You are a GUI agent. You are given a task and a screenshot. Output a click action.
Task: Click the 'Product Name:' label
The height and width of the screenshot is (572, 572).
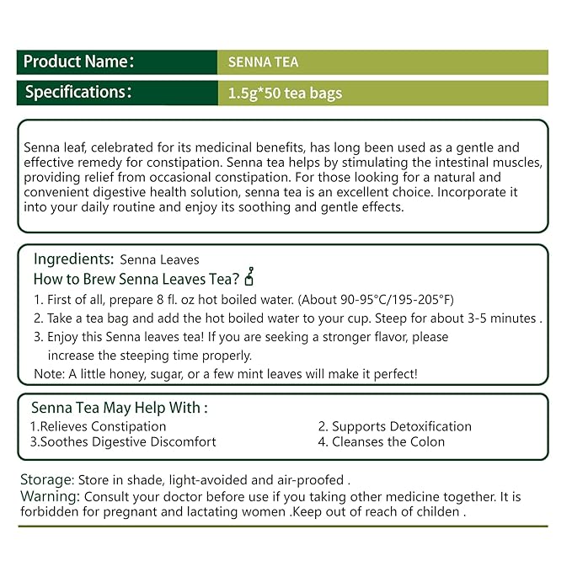[78, 61]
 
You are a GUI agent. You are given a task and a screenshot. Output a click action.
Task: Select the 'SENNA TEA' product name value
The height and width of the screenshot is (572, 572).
[264, 62]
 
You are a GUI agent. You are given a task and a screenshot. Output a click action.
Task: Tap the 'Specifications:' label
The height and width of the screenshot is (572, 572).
[78, 92]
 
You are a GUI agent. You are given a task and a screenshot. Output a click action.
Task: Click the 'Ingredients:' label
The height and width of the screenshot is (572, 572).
[73, 259]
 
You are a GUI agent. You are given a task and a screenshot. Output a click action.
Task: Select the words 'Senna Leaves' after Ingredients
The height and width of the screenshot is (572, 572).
[160, 259]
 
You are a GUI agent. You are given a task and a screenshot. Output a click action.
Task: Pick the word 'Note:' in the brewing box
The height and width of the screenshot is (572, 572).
[48, 373]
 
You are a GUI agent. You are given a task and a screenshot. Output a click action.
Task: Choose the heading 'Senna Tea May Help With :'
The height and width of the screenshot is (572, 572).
[119, 408]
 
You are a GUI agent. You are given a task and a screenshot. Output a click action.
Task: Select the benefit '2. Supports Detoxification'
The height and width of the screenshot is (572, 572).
[394, 426]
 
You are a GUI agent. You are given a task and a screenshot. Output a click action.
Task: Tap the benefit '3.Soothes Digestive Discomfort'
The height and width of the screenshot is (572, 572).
[123, 441]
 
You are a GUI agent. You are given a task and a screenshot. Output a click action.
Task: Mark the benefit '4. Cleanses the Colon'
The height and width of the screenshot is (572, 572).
[381, 441]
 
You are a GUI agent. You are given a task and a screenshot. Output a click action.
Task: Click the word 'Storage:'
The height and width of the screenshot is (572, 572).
[46, 479]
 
